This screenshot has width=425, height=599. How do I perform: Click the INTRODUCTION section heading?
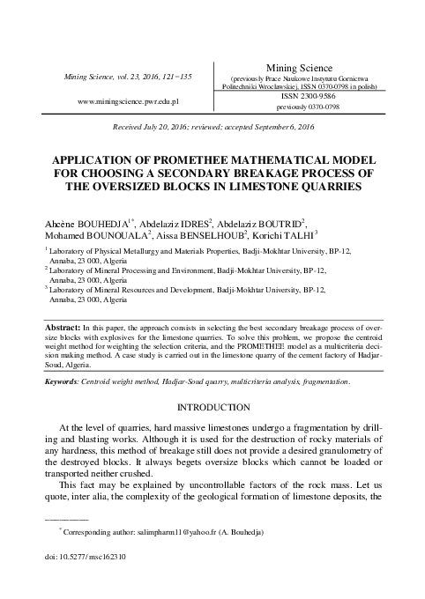click(212, 410)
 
